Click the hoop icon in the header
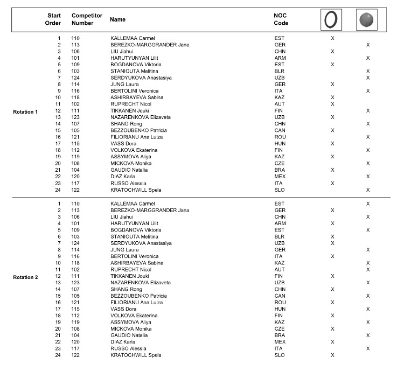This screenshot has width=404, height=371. [332, 20]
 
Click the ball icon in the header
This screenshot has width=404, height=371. [367, 20]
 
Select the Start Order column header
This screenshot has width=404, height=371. [54, 19]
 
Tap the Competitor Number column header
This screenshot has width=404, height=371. [87, 19]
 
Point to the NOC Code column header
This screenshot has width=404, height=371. [281, 19]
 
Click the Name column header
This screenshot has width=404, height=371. [117, 19]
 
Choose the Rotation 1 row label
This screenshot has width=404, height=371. [25, 111]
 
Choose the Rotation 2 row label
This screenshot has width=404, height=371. [25, 277]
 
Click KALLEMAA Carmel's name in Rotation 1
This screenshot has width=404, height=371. [133, 38]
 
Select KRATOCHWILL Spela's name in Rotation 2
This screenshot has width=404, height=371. [136, 355]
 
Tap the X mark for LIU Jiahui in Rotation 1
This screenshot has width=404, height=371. [332, 51]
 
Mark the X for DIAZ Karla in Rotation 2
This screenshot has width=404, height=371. [332, 342]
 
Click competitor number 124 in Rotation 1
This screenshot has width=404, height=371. [75, 78]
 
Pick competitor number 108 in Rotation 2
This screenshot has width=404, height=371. [75, 328]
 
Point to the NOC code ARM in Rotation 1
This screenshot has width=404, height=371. [280, 58]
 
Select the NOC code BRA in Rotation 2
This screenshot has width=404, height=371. [280, 335]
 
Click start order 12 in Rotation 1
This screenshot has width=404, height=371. [58, 110]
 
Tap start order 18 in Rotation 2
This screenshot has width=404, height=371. [58, 316]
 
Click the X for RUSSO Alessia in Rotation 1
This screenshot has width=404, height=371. [332, 183]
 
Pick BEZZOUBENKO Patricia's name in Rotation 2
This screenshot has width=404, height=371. [138, 296]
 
